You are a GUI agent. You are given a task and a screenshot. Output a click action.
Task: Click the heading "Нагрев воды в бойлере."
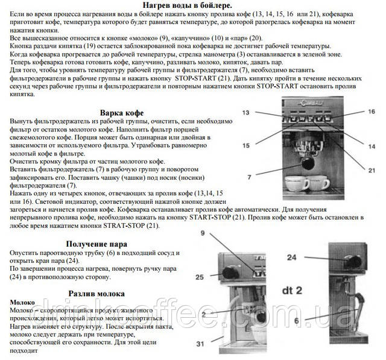(x=191, y=5)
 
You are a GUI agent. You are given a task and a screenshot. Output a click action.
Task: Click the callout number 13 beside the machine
(x=247, y=113)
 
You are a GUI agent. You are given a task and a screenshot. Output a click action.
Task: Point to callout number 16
(x=372, y=112)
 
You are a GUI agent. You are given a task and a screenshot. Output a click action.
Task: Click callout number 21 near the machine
(x=372, y=171)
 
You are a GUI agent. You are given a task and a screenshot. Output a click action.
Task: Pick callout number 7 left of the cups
(x=248, y=177)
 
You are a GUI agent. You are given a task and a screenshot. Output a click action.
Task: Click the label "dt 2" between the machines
(x=291, y=288)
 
